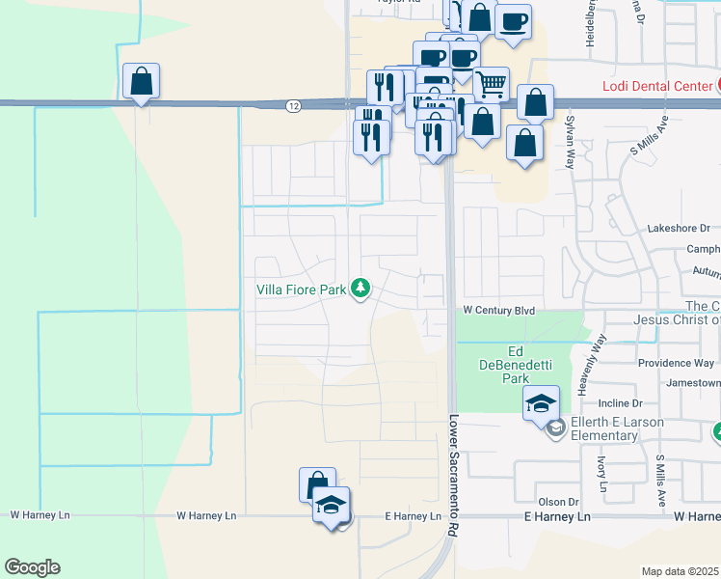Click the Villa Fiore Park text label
[x=300, y=289]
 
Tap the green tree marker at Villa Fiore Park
[x=360, y=288]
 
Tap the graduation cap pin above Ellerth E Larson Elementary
[x=542, y=403]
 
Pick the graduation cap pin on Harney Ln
[x=331, y=506]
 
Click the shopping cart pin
[x=491, y=85]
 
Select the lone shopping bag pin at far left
[x=142, y=83]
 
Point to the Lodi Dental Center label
[x=657, y=86]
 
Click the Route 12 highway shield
[x=292, y=105]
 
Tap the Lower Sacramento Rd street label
[x=451, y=477]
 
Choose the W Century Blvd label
[x=498, y=311]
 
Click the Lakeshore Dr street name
[x=679, y=229]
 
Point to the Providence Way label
[x=676, y=363]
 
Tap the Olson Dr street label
[x=558, y=502]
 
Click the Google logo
[x=32, y=567]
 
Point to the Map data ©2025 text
[x=681, y=571]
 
